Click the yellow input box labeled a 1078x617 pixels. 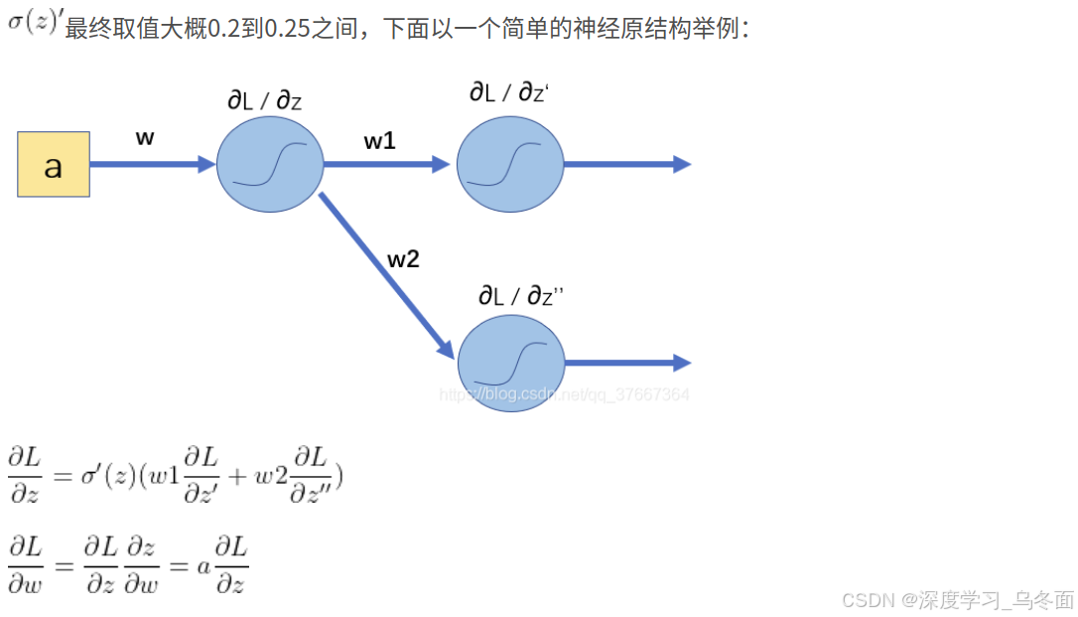(x=54, y=164)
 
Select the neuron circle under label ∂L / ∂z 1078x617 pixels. (x=270, y=164)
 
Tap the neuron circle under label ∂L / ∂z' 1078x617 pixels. (x=510, y=164)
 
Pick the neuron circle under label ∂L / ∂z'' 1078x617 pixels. (x=510, y=364)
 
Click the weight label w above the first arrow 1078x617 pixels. (x=145, y=138)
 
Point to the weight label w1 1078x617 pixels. (x=379, y=141)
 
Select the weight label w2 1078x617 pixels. (x=403, y=260)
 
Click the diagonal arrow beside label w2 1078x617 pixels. (x=385, y=274)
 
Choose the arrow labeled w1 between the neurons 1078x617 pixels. (x=387, y=164)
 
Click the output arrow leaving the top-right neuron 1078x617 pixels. (x=625, y=164)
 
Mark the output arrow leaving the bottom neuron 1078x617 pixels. (x=625, y=364)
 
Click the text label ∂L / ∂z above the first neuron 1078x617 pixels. (x=265, y=100)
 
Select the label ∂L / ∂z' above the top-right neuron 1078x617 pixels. (x=509, y=92)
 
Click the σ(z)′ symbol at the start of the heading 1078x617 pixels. (x=36, y=22)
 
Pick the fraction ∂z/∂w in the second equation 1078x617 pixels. (x=141, y=564)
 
